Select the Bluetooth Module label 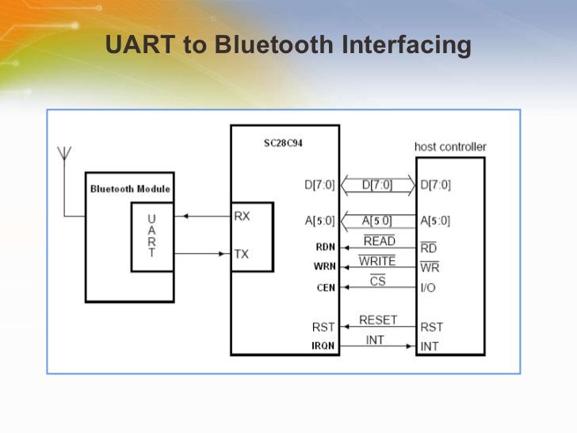click(x=130, y=189)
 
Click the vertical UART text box click(x=151, y=236)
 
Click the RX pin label click(x=243, y=216)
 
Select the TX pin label click(x=242, y=254)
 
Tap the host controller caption click(x=450, y=147)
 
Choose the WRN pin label click(x=326, y=267)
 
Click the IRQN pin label click(x=323, y=346)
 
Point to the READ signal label click(x=379, y=241)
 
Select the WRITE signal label click(x=377, y=261)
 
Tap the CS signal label click(x=378, y=281)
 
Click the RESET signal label click(x=378, y=320)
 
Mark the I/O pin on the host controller click(x=428, y=287)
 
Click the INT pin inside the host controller click(x=430, y=347)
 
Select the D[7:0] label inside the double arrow click(x=377, y=186)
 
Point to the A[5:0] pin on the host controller click(x=435, y=221)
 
